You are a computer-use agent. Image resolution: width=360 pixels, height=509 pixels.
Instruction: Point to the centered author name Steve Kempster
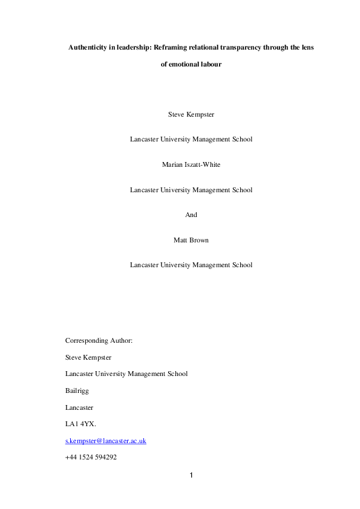(191, 114)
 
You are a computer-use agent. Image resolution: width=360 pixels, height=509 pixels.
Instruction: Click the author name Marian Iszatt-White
(191, 164)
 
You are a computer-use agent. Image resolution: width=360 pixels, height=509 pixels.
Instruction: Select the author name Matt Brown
(191, 239)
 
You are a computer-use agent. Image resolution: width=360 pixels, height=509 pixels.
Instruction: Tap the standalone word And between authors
(191, 215)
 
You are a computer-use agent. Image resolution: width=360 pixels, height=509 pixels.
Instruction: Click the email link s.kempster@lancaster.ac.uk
(105, 441)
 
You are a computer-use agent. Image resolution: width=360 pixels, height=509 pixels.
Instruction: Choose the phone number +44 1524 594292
(91, 458)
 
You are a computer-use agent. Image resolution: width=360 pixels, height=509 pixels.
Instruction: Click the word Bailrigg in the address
(77, 391)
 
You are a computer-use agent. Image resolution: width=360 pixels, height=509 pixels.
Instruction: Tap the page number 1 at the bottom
(191, 475)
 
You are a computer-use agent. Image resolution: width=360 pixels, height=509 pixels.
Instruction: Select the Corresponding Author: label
(99, 340)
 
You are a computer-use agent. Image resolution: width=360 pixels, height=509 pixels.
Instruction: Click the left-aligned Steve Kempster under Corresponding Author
(88, 357)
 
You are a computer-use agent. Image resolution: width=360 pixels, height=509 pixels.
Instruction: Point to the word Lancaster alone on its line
(79, 407)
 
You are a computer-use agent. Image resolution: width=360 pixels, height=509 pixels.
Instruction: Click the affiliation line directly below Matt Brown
(191, 265)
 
